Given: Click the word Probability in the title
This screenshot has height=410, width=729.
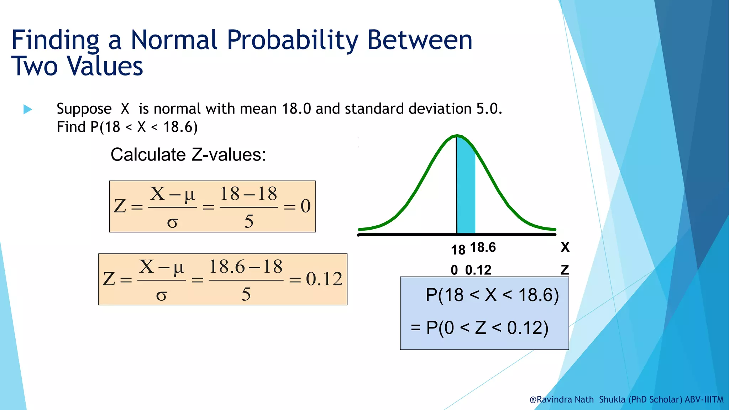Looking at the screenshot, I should point(293,40).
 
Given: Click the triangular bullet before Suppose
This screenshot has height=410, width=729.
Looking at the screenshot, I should point(27,109).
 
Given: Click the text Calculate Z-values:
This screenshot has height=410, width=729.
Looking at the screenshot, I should point(188,155).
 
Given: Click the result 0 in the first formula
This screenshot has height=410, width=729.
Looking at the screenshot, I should point(305,206).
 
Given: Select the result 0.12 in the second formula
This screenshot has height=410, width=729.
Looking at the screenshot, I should point(324,279).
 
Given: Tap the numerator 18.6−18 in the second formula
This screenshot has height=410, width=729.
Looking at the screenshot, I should point(246,267).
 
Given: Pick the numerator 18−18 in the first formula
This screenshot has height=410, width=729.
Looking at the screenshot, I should point(248,194).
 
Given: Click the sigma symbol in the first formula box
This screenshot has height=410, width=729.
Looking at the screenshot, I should point(172,222).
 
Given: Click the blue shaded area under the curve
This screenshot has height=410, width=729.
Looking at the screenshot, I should point(466,192).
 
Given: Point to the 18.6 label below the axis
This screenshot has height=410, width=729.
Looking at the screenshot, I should point(483,247).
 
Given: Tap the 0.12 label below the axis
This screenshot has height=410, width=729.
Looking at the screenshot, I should point(478,270).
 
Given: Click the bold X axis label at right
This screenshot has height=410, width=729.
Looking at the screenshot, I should point(565,247).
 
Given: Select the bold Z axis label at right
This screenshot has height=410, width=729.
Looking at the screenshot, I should point(565,270).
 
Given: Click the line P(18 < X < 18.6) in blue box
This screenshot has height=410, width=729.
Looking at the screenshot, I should point(492,295).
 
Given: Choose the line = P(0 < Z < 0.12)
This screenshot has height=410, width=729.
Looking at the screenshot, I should point(479,328).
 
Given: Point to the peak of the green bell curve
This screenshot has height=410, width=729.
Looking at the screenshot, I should point(457,136).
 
